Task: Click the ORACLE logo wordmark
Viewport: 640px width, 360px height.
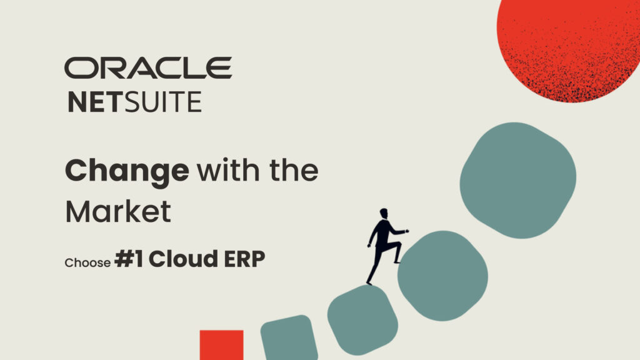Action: pyautogui.click(x=148, y=67)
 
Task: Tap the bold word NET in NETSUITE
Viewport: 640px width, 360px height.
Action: pyautogui.click(x=95, y=102)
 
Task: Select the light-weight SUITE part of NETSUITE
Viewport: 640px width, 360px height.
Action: pyautogui.click(x=163, y=102)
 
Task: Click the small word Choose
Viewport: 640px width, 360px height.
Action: pyautogui.click(x=87, y=262)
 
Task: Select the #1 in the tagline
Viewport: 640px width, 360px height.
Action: pyautogui.click(x=129, y=259)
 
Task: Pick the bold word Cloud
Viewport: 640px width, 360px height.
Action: pyautogui.click(x=183, y=259)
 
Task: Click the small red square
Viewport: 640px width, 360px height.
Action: pyautogui.click(x=222, y=345)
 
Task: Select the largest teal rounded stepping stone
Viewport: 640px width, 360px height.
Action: pyautogui.click(x=518, y=180)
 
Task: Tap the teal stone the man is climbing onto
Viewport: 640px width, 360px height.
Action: pyautogui.click(x=443, y=276)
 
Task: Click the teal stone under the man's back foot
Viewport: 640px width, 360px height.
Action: pyautogui.click(x=362, y=319)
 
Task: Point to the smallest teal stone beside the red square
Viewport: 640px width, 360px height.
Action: pyautogui.click(x=289, y=338)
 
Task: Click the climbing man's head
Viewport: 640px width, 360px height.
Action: pyautogui.click(x=384, y=214)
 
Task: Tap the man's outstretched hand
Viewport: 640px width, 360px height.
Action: pyautogui.click(x=406, y=231)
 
